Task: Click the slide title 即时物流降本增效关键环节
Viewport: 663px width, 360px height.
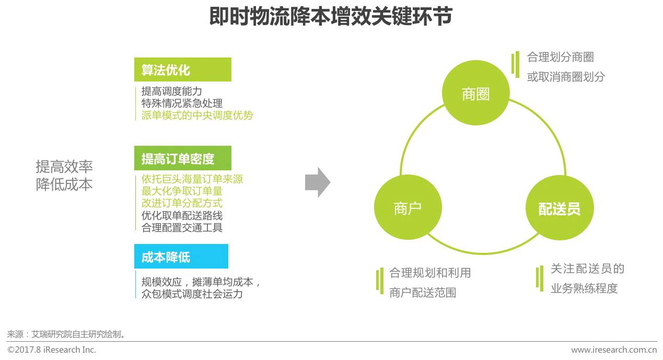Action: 331,17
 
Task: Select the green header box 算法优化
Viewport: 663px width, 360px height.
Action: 182,69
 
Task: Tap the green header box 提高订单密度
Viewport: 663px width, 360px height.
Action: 182,158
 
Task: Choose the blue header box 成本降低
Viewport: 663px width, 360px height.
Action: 181,257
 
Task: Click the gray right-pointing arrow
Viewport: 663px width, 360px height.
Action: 317,183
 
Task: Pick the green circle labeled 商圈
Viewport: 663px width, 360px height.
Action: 475,94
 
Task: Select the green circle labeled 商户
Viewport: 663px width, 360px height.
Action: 408,207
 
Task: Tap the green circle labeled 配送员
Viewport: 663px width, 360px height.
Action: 559,208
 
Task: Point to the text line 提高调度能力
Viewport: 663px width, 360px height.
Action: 171,91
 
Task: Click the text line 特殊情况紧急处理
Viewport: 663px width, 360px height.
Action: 182,103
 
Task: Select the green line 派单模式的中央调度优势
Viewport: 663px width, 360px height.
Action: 197,115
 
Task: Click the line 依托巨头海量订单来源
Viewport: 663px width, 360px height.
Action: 192,179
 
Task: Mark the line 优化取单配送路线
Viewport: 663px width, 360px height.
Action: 182,215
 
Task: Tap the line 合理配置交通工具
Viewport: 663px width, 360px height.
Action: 182,227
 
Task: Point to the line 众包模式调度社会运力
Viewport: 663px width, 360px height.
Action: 192,294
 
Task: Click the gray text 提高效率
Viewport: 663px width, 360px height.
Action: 64,167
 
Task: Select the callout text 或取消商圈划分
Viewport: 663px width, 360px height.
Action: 566,77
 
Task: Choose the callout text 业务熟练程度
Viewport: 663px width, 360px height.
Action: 584,288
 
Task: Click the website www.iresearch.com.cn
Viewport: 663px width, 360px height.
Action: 613,350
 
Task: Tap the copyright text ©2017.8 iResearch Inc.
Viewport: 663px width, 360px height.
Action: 52,350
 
